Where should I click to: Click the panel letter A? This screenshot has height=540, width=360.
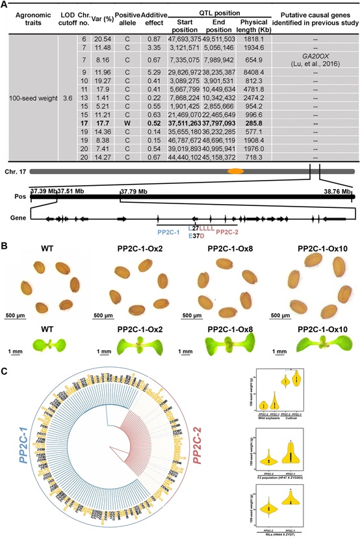(x=5, y=4)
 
